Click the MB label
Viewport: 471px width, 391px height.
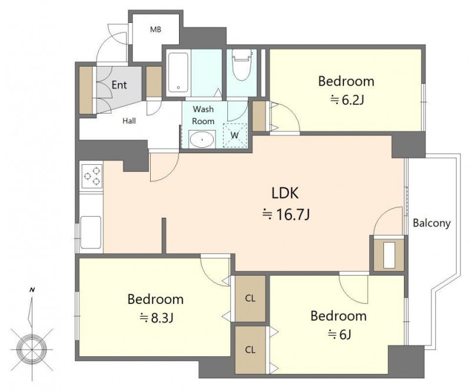pos(155,29)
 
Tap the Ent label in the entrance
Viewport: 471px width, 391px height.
pos(119,85)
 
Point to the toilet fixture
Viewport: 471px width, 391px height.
pos(241,65)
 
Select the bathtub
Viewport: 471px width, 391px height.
pos(178,72)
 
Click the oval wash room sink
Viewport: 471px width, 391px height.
pos(202,140)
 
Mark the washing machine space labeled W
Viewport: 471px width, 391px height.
pos(235,135)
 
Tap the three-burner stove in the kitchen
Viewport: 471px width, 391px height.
pos(92,176)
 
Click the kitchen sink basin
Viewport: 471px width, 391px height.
pos(91,232)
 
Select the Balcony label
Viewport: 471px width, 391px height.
pos(432,223)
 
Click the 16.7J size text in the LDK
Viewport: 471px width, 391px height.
pos(286,215)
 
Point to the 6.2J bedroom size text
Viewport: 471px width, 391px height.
pos(347,100)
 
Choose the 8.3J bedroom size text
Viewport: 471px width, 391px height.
pos(156,317)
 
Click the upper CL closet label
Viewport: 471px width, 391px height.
pos(250,298)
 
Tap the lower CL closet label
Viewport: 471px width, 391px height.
pos(250,350)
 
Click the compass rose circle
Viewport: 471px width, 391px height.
pos(32,350)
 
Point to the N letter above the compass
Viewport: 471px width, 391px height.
pos(32,290)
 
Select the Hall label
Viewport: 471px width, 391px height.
pos(129,121)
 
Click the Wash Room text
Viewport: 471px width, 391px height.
pos(203,115)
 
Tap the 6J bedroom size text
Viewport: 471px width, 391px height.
pos(339,334)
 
